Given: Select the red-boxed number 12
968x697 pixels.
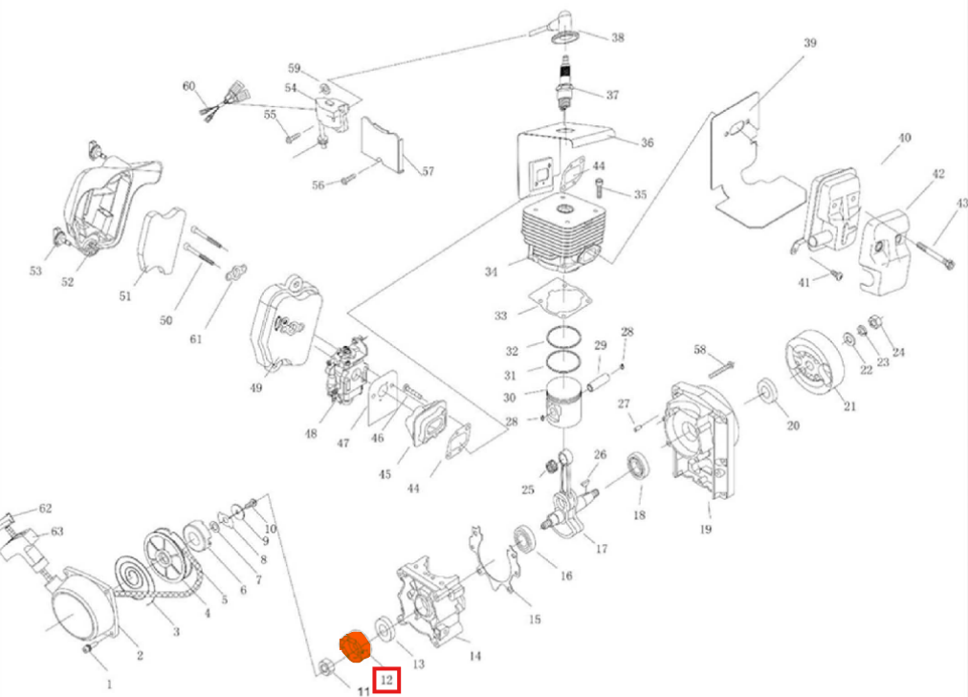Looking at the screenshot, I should (386, 680).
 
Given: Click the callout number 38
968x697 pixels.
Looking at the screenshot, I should (617, 38).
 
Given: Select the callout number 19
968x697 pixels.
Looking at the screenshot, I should (705, 529).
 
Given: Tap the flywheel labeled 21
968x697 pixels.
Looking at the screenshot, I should (814, 368).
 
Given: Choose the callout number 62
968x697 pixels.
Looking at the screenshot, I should (45, 509).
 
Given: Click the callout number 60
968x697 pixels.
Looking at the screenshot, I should (188, 87).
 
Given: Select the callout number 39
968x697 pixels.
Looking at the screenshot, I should (809, 43).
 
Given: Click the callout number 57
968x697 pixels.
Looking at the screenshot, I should (428, 171).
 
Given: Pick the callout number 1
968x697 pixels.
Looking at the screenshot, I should (109, 684).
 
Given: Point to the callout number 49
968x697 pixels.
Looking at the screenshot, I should (255, 388).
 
